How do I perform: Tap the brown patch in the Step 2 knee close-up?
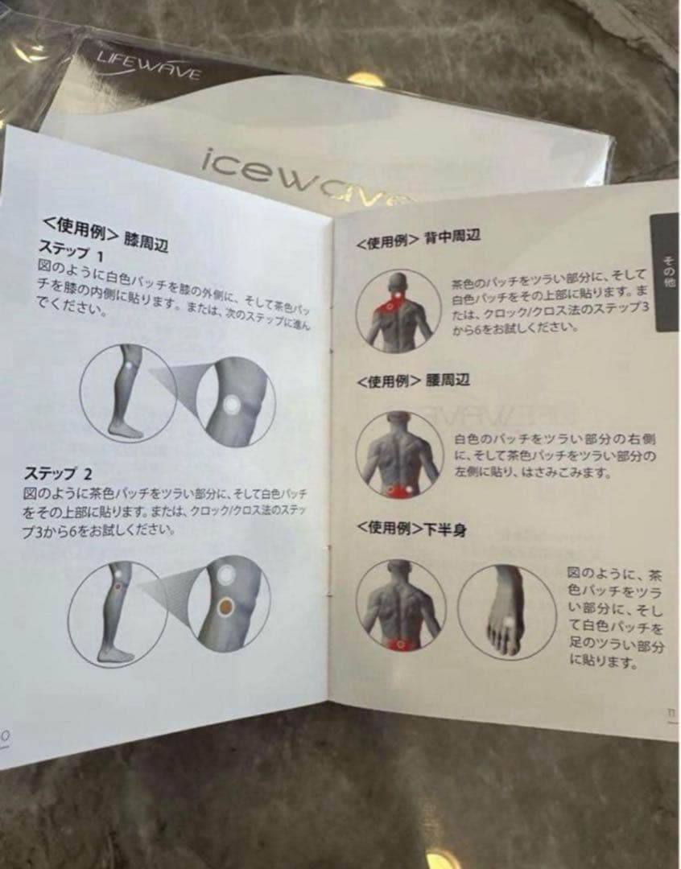point(226,604)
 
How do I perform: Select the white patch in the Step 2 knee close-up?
point(227,575)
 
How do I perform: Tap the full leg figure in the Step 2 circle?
point(115,612)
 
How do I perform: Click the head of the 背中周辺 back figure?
point(394,284)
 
